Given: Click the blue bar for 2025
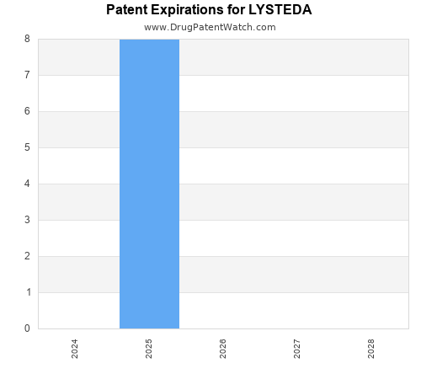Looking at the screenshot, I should point(149,184).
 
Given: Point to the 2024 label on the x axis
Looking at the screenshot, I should point(75,349).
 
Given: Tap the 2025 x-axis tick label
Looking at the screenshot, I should point(149,349).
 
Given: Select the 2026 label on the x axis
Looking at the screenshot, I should point(223,349).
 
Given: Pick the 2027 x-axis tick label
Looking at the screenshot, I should point(297,349).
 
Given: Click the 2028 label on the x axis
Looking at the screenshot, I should point(371,349).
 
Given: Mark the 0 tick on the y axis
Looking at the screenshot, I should point(27,328).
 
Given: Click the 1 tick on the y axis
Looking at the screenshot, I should point(27,292).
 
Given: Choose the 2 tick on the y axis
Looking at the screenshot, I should point(27,256).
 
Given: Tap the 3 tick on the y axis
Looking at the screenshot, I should point(27,220).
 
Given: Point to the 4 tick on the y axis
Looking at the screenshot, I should point(27,184).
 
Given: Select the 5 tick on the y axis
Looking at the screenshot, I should point(27,147).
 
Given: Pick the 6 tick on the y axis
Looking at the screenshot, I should point(27,111).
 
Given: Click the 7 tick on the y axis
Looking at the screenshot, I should point(27,75).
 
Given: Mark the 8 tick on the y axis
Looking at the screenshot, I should point(27,39).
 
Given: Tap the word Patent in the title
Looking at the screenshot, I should point(126,10).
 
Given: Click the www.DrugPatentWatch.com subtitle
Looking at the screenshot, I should point(210,27).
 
